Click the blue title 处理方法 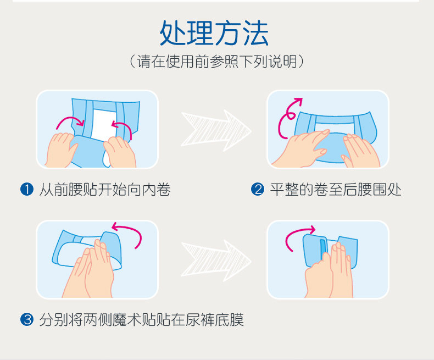(x=214, y=33)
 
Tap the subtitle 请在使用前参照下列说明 (x=216, y=61)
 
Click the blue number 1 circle (x=27, y=190)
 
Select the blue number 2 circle (x=258, y=190)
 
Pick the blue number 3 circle (x=27, y=319)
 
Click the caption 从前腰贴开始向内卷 (x=105, y=190)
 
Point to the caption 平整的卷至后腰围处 (x=336, y=190)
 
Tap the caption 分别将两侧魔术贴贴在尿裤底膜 (x=141, y=320)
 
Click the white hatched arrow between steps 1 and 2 (x=216, y=130)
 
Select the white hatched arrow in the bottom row (x=216, y=261)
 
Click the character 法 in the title (x=256, y=33)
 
